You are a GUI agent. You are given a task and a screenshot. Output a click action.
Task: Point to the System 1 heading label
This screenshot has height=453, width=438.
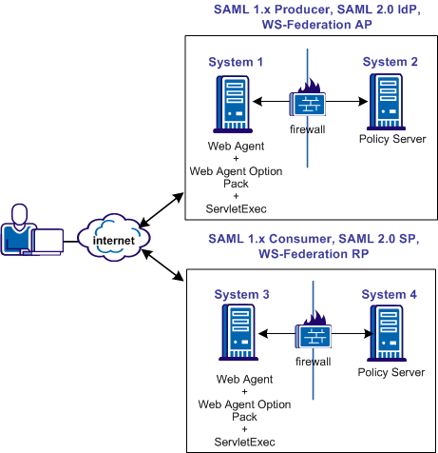coord(236,63)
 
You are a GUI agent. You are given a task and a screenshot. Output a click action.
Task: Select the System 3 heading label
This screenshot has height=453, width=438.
coord(236,296)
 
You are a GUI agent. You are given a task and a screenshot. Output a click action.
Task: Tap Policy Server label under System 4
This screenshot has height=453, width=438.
coord(390,372)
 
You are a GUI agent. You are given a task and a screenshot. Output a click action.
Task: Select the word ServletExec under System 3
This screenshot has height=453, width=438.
coord(236,442)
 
